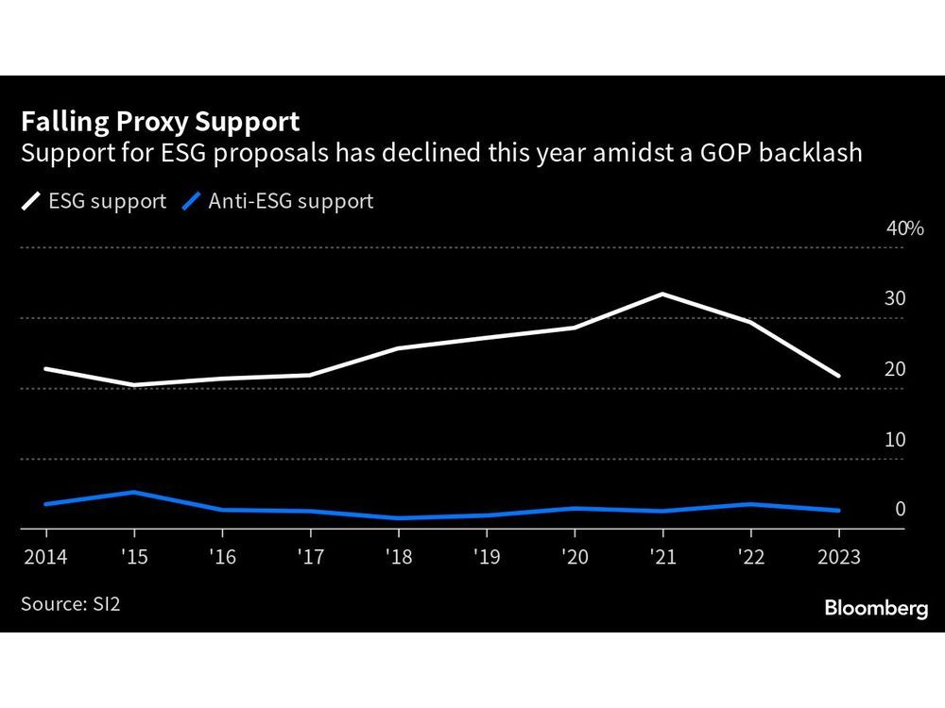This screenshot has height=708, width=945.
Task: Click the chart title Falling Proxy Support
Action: pyautogui.click(x=161, y=122)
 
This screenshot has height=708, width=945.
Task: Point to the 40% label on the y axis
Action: pyautogui.click(x=904, y=228)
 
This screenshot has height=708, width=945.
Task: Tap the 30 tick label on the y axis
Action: pyautogui.click(x=895, y=299)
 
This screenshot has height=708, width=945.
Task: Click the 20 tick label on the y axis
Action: pyautogui.click(x=895, y=369)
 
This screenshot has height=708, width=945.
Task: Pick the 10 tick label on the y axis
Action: pyautogui.click(x=895, y=440)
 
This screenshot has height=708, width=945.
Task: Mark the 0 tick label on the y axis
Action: pyautogui.click(x=900, y=510)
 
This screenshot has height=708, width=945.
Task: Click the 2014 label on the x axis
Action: pyautogui.click(x=45, y=557)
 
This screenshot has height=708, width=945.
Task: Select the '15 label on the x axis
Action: pyautogui.click(x=134, y=557)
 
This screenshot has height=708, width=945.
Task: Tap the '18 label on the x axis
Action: pyautogui.click(x=399, y=557)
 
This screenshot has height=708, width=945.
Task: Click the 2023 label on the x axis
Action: pyautogui.click(x=838, y=557)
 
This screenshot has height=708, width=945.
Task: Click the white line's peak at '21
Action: pyautogui.click(x=663, y=294)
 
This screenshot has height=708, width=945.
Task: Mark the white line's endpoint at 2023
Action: pyautogui.click(x=838, y=376)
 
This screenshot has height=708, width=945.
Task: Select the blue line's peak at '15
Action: pyautogui.click(x=134, y=492)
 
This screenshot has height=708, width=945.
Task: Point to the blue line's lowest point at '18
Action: pyautogui.click(x=399, y=518)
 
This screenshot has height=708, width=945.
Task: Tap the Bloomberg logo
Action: pyautogui.click(x=876, y=609)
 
